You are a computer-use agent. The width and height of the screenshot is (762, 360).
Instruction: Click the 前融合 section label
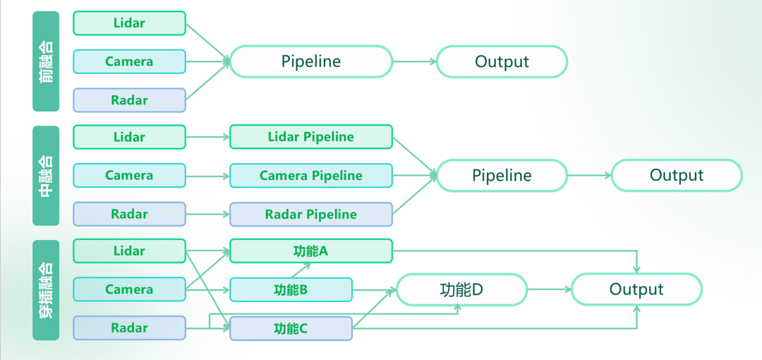[46, 61]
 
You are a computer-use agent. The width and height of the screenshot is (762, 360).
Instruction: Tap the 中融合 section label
[46, 176]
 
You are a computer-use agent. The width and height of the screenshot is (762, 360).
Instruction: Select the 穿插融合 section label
[46, 289]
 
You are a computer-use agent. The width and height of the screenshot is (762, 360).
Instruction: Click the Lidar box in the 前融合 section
[129, 23]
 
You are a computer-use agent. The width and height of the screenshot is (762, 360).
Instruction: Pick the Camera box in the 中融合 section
[129, 176]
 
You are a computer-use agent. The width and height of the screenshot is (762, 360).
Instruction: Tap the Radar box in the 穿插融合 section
[129, 328]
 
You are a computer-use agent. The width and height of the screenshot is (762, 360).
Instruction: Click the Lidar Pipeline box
[310, 137]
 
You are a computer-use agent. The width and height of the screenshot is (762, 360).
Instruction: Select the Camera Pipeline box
[310, 176]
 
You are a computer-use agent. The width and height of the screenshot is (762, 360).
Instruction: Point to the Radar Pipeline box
[310, 215]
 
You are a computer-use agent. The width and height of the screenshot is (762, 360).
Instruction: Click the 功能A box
[310, 251]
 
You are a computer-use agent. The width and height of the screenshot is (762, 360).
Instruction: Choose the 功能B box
[291, 289]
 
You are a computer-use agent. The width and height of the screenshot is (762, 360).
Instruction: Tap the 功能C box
[291, 328]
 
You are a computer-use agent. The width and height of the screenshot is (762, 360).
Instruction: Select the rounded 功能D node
[461, 289]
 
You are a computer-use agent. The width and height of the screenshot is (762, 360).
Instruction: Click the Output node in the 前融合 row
[502, 61]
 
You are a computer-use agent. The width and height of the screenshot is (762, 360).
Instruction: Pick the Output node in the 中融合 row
[677, 176]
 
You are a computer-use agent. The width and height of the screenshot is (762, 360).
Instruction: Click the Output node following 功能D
[636, 289]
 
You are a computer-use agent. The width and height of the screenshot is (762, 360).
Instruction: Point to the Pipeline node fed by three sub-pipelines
[502, 176]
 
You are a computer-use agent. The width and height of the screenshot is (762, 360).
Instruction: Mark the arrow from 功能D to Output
[549, 289]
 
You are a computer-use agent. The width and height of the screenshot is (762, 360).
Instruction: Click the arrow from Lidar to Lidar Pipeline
[207, 137]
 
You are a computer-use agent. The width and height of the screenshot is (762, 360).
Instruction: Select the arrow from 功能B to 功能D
[374, 289]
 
